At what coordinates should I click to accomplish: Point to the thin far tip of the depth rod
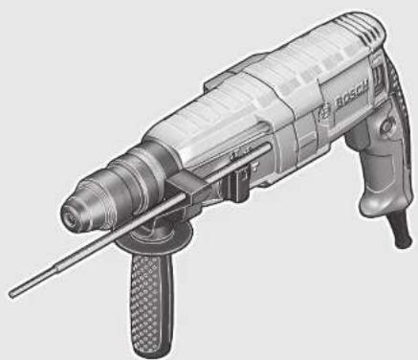(x=11, y=289)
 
